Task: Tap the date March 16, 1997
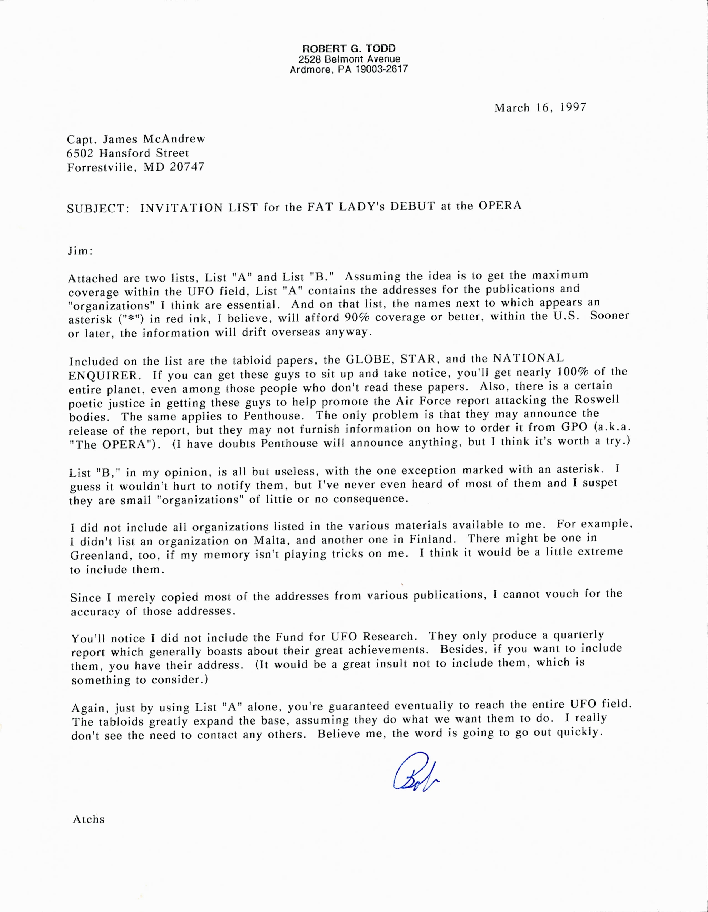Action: tap(540, 108)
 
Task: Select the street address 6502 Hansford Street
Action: tap(128, 153)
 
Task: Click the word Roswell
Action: tap(597, 399)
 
